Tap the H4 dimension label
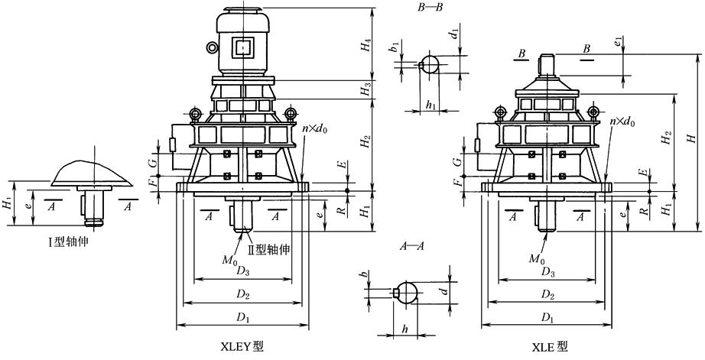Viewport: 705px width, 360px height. click(368, 45)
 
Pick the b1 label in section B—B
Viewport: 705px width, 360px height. click(394, 47)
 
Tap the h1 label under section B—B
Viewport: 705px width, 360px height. click(430, 105)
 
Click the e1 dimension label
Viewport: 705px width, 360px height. click(619, 41)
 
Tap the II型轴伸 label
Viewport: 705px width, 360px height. click(269, 249)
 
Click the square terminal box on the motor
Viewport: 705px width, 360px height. click(243, 47)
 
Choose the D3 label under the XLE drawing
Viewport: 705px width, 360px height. click(547, 271)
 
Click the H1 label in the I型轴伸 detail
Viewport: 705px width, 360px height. click(7, 203)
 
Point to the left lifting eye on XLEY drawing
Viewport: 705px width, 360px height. click(196, 114)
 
